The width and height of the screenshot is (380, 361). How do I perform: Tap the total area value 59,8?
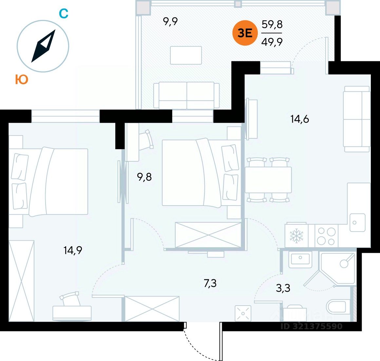272,25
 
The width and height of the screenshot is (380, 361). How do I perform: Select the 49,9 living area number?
272,42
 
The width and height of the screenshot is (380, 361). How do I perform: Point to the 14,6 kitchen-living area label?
299,119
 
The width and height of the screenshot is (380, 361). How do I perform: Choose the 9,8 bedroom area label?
144,177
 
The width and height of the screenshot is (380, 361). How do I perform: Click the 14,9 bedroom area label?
73,251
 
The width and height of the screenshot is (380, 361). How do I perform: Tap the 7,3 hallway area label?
210,283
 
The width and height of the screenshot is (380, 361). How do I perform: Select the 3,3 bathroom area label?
283,288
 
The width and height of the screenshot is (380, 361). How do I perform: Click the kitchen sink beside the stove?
357,222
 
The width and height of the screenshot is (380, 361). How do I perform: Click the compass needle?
43,46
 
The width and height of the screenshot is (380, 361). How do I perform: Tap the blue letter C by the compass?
64,13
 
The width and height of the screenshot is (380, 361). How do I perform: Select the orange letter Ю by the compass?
22,80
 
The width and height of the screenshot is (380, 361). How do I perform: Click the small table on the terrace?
186,55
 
